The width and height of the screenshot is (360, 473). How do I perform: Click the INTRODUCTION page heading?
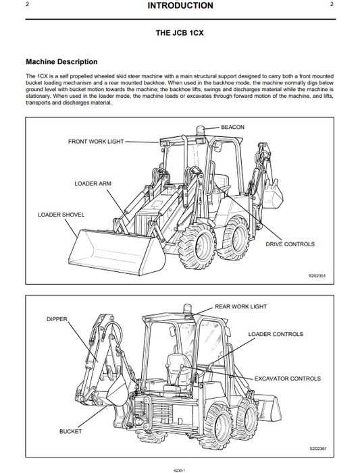[x=180, y=6]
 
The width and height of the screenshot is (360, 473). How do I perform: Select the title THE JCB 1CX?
[x=180, y=32]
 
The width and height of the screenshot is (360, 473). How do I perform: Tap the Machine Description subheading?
[x=61, y=62]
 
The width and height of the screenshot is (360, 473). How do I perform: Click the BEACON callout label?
[x=232, y=127]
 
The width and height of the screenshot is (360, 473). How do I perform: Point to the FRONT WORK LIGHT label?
[x=96, y=142]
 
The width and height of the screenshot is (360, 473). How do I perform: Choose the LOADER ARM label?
[x=93, y=184]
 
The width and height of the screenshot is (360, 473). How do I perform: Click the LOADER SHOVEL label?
[x=61, y=215]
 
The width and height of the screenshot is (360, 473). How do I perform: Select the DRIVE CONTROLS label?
[x=290, y=244]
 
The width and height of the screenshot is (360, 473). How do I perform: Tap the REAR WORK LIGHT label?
[x=240, y=307]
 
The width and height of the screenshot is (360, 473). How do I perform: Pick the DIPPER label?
[x=57, y=318]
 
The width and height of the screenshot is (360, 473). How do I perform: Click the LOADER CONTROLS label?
[x=276, y=334]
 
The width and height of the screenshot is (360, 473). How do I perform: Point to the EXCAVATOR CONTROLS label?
[x=287, y=379]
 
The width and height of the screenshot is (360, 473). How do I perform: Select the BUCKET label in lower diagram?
[x=70, y=431]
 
